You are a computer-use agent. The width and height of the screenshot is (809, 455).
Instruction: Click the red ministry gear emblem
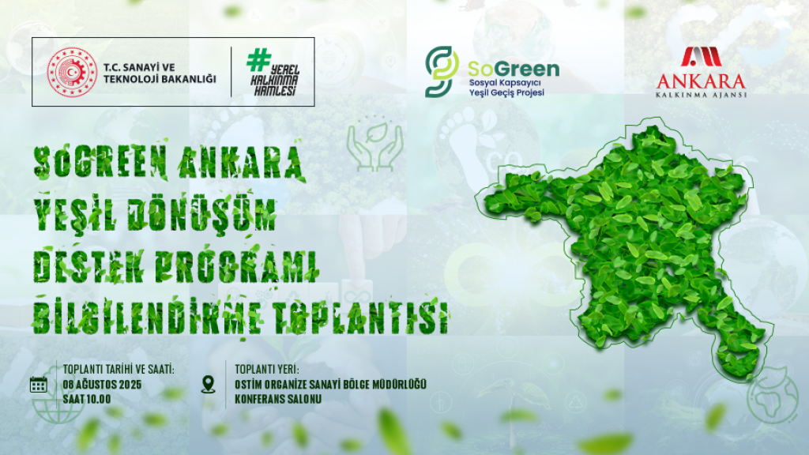[x=72, y=72]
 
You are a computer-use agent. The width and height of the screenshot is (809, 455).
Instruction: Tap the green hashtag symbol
[x=258, y=59]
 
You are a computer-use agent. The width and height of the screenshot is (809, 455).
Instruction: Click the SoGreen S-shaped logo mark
[x=441, y=71]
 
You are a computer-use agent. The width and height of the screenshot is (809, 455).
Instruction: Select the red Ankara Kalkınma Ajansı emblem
[x=702, y=57]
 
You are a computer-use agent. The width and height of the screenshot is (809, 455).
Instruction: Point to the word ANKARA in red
[x=702, y=81]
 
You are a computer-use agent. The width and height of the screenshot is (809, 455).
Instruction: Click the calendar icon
[x=39, y=385]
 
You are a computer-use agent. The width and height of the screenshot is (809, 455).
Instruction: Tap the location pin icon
[x=208, y=385]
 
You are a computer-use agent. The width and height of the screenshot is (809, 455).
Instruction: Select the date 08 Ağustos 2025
[x=102, y=385]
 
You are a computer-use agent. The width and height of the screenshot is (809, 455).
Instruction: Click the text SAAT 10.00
[x=87, y=399]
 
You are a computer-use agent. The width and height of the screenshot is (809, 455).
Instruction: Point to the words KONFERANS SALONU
[x=278, y=399]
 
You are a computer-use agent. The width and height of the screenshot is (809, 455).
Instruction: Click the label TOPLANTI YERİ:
[x=267, y=370]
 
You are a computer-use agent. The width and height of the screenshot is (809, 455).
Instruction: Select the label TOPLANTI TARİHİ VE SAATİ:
[x=119, y=370]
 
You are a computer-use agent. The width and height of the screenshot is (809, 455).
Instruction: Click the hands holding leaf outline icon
[x=375, y=146]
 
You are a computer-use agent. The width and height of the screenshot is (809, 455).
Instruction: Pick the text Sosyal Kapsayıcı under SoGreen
[x=504, y=83]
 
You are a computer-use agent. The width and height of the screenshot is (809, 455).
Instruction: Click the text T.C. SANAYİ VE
[x=139, y=67]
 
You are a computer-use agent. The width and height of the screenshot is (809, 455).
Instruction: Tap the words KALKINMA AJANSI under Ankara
[x=702, y=95]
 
